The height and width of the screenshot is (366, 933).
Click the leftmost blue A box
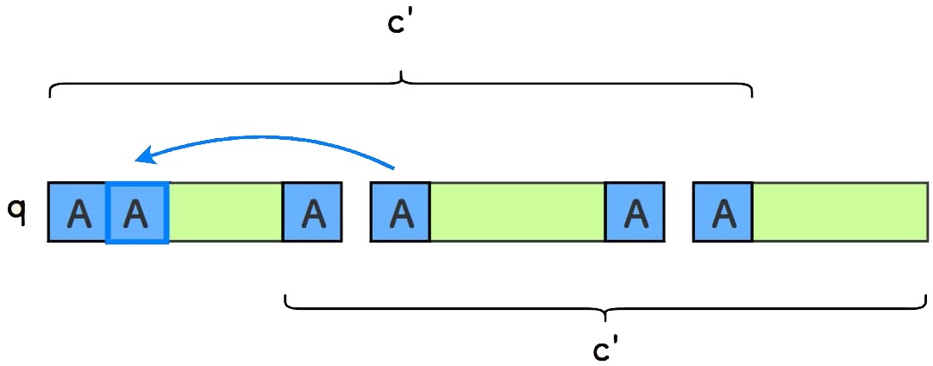pos(78,211)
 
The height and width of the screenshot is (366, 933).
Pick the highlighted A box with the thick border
pos(136,211)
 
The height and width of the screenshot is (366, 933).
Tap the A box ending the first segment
pos(312,211)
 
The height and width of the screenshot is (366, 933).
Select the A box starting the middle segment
pos(400,211)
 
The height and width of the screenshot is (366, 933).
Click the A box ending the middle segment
pos(635,211)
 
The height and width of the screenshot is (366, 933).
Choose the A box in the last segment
pos(723,211)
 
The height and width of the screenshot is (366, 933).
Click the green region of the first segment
pos(226,211)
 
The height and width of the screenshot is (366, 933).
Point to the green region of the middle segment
pos(517,211)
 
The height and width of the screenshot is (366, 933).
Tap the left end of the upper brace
pos(51,95)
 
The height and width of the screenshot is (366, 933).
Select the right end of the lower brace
pos(926,298)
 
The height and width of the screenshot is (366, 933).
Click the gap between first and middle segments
pos(356,211)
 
